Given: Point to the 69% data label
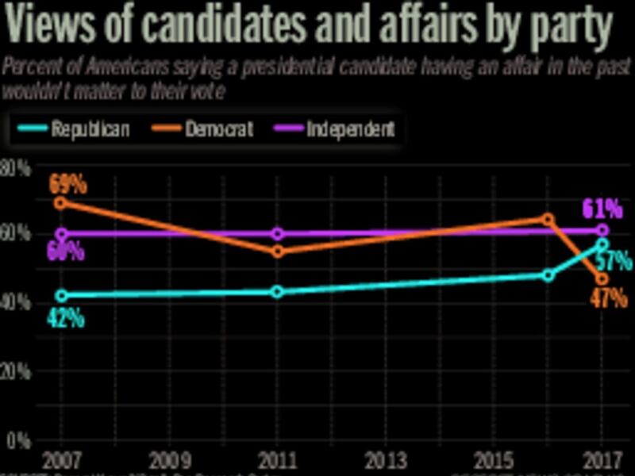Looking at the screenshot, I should (67, 185).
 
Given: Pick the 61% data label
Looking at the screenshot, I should (602, 209).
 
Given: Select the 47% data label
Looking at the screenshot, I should (608, 299).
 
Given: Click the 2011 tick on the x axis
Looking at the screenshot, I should (277, 459).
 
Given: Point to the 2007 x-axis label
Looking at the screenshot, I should (61, 459).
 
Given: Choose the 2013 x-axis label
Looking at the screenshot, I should (384, 459).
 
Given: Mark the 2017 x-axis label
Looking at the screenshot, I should (601, 459).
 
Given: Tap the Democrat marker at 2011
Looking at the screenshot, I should (277, 251).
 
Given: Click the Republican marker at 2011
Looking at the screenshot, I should (277, 291).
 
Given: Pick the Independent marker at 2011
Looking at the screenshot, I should (277, 233).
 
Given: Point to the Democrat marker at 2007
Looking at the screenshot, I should (61, 202).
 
